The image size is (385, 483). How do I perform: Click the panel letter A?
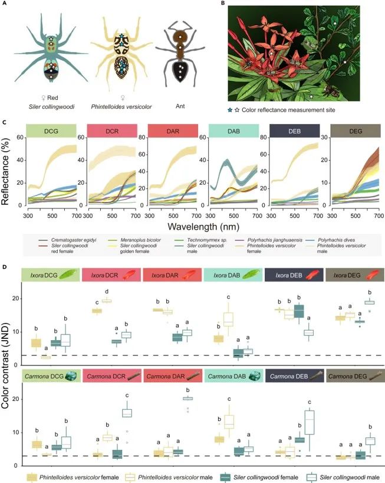[5, 4]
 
